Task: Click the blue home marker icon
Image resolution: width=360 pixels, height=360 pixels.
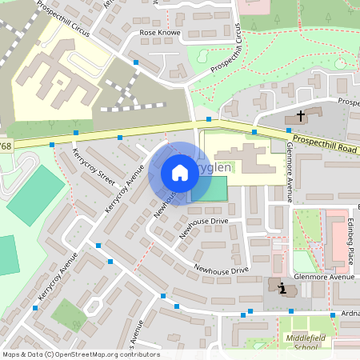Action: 180,173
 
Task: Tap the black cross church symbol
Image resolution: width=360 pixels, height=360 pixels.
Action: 301,116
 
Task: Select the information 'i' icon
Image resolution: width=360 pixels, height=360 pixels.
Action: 282,288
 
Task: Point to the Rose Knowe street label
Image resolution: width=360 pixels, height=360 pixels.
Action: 160,34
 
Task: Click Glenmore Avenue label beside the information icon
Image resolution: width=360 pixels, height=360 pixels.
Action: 323,277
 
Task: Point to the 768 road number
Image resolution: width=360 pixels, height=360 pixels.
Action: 6,146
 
